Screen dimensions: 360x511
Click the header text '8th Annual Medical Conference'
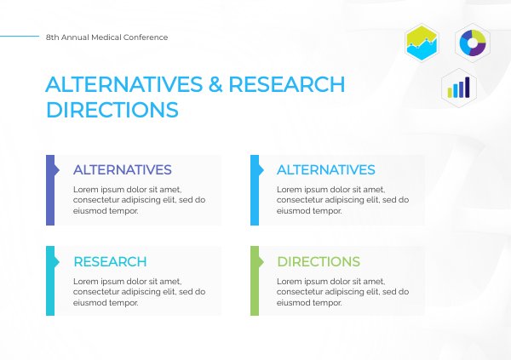[x=107, y=37]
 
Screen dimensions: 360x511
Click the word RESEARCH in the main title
[x=287, y=85]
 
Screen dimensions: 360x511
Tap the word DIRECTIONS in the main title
[x=112, y=111]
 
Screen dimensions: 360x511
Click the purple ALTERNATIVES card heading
[x=123, y=170]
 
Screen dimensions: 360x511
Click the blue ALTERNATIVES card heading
[x=326, y=170]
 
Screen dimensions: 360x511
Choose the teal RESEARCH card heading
[x=110, y=262]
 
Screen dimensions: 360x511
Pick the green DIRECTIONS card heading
[x=319, y=262]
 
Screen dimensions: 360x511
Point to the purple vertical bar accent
[x=50, y=190]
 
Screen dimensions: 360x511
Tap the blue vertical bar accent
[x=255, y=190]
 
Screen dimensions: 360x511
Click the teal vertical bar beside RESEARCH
[x=50, y=281]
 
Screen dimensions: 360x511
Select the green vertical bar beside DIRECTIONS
[x=255, y=281]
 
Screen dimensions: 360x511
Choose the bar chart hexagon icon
[x=460, y=87]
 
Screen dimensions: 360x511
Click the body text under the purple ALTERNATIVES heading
[x=139, y=200]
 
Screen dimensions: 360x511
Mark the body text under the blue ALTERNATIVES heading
[x=342, y=200]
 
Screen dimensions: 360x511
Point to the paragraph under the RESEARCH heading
[x=139, y=291]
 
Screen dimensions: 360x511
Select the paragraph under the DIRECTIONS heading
[x=342, y=291]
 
